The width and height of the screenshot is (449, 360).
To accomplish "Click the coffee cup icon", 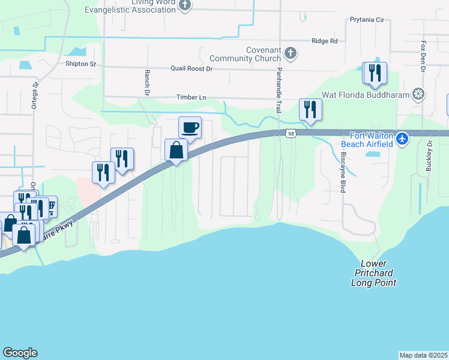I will coord(190,127).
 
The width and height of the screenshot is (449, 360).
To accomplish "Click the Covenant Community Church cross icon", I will coord(290,53).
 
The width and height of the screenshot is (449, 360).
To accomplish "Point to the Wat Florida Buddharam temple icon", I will coord(419,94).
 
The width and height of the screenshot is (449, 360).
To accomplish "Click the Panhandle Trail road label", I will coord(279,91).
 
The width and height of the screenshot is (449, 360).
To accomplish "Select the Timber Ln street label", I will coord(191,97).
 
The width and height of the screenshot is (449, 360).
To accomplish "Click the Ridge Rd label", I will coord(325,41).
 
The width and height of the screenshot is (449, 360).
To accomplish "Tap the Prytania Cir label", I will coord(367,20).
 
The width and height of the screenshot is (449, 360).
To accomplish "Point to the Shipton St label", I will coord(80,64).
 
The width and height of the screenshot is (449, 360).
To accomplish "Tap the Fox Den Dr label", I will coord(423,58).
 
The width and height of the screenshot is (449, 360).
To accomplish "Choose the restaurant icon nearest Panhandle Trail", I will coord(310,109).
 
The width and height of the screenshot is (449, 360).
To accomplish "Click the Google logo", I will coord(20,353).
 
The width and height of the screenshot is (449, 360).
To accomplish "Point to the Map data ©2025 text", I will coord(424,355).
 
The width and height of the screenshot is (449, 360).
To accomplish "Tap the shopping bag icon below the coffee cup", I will coord(176,150).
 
